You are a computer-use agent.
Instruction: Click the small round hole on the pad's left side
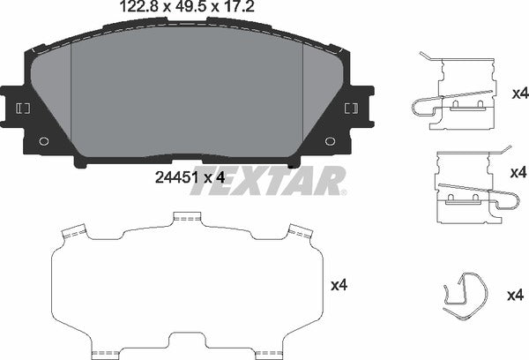point(44,140)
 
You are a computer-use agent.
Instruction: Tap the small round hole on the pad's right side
point(330,140)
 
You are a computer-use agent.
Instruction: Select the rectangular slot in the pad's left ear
point(23,108)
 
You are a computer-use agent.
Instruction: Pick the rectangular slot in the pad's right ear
point(351,108)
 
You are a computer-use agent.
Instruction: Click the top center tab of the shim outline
point(187,217)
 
